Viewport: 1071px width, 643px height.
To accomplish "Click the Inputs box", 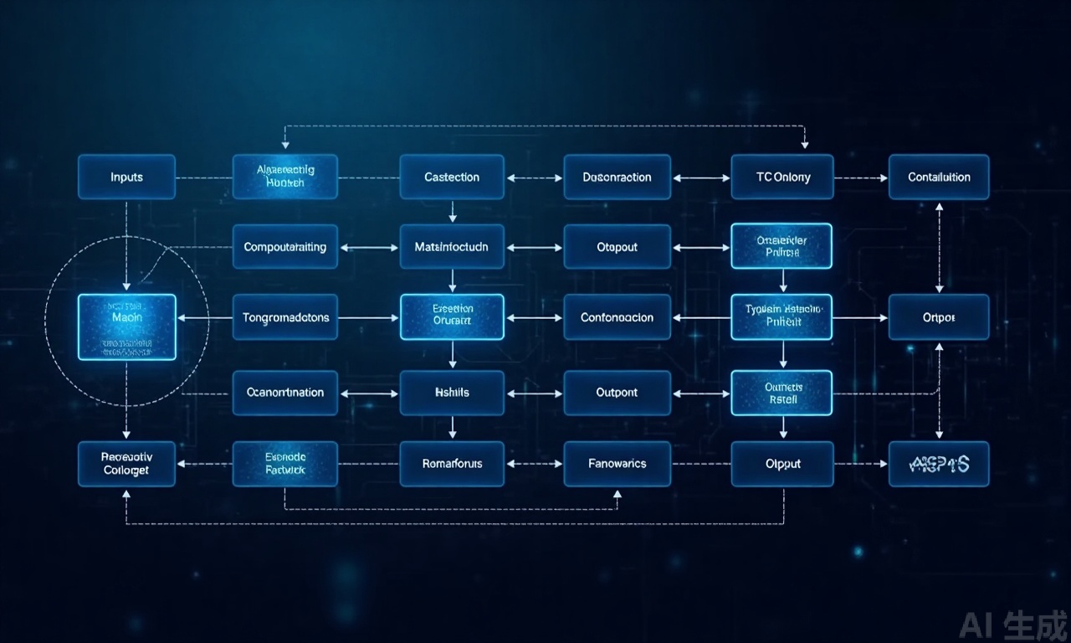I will tap(126, 177).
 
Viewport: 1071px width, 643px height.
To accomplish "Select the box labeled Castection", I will tap(452, 177).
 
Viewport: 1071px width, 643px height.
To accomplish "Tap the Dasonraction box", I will tap(617, 177).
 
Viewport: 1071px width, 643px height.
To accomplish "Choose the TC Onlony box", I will tap(782, 177).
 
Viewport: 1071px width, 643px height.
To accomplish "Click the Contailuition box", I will tap(939, 177).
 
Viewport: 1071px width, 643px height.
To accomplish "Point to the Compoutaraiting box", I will tap(284, 247).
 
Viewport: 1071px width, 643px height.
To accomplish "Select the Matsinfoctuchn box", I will tap(452, 247).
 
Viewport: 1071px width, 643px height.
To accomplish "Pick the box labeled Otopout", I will tap(617, 247).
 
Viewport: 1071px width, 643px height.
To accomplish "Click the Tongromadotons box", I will tap(284, 317).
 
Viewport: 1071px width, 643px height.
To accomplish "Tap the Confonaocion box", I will tap(617, 317).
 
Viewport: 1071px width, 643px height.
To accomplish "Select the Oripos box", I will tap(939, 317).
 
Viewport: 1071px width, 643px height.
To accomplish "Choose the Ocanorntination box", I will tap(284, 392).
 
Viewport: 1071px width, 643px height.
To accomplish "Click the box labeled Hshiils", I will tap(452, 392).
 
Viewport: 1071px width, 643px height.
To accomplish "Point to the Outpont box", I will tap(617, 392).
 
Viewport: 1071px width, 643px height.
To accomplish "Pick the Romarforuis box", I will tap(452, 463).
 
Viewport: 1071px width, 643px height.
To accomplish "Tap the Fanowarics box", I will tap(617, 463).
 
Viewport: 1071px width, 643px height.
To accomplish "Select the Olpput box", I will tap(782, 463).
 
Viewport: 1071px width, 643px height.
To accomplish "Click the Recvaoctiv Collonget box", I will tap(126, 463).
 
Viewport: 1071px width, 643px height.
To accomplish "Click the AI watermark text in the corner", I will tap(1014, 624).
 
